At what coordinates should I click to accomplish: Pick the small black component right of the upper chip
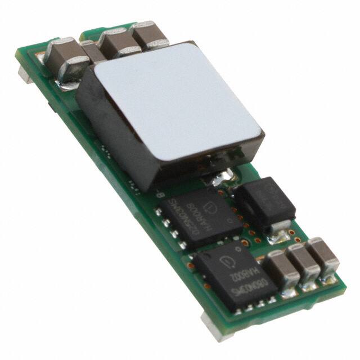coord(264,202)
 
